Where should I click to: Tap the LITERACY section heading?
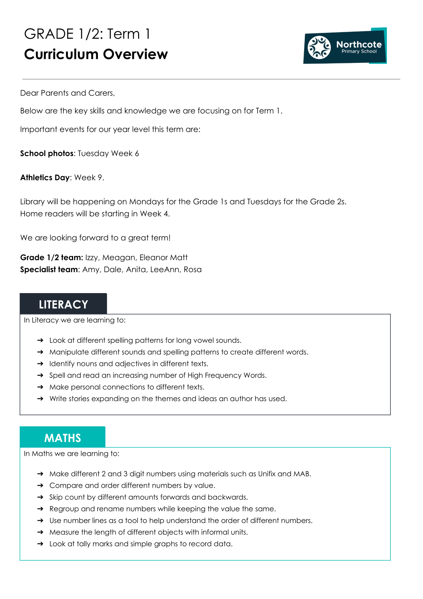pyautogui.click(x=63, y=304)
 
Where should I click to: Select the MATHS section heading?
pyautogui.click(x=62, y=438)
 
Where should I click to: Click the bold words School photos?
pyautogui.click(x=47, y=153)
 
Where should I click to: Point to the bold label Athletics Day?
pyautogui.click(x=45, y=178)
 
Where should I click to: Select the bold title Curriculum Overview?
pyautogui.click(x=96, y=54)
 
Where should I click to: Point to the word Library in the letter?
pyautogui.click(x=32, y=202)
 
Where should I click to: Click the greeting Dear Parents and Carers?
pyautogui.click(x=67, y=93)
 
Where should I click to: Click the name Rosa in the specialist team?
pyautogui.click(x=192, y=270)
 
